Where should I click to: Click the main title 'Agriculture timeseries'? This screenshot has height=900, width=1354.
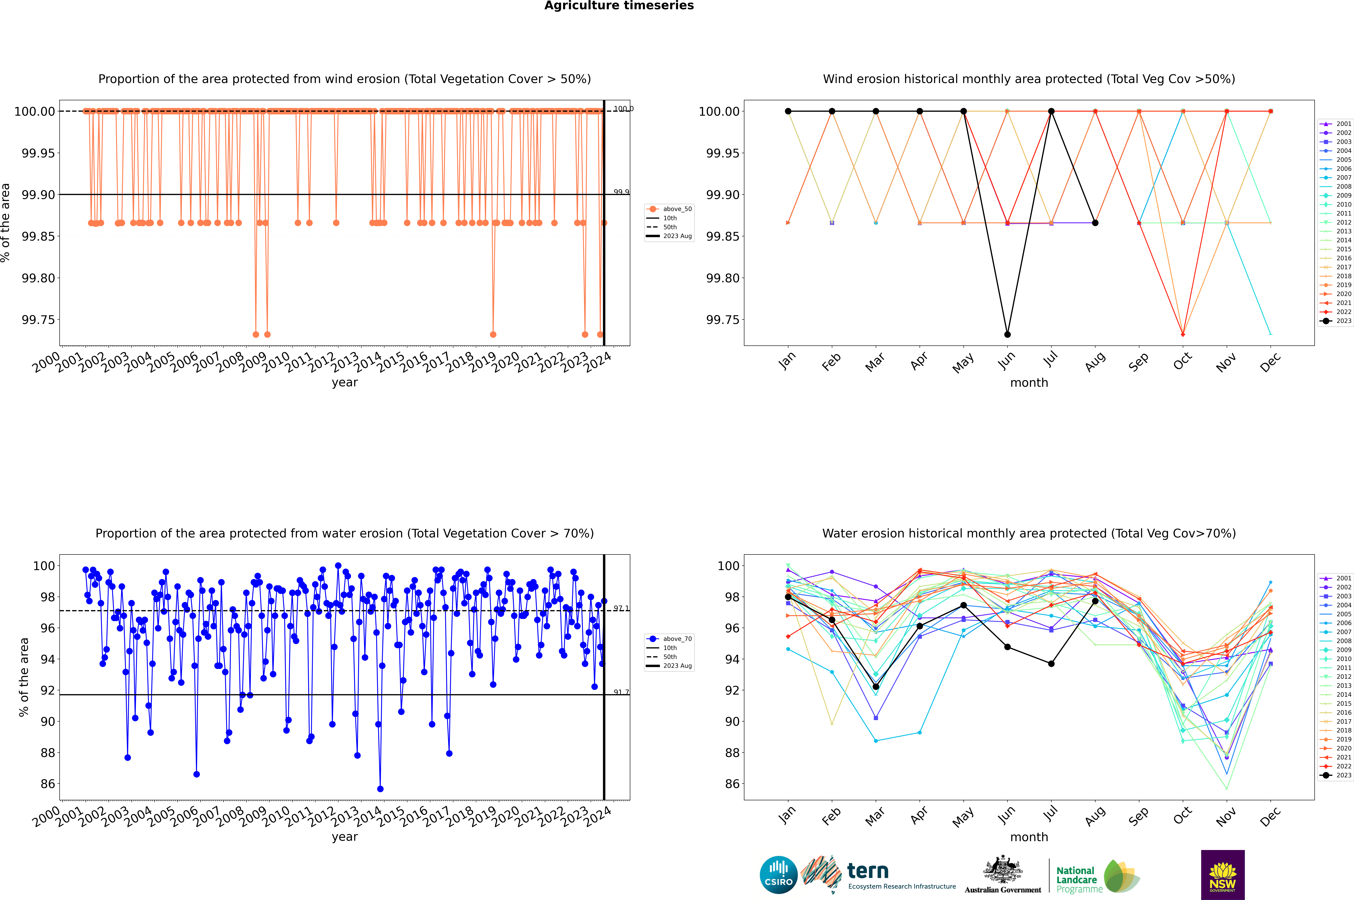[x=619, y=6]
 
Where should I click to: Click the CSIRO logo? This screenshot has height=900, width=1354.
[x=778, y=875]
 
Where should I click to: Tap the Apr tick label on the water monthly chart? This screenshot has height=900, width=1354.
[x=919, y=816]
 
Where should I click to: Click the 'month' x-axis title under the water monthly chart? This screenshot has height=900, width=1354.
[x=1029, y=837]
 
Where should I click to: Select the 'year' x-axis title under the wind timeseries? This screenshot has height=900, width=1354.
[x=344, y=382]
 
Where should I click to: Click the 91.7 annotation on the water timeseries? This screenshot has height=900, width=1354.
[x=621, y=692]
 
